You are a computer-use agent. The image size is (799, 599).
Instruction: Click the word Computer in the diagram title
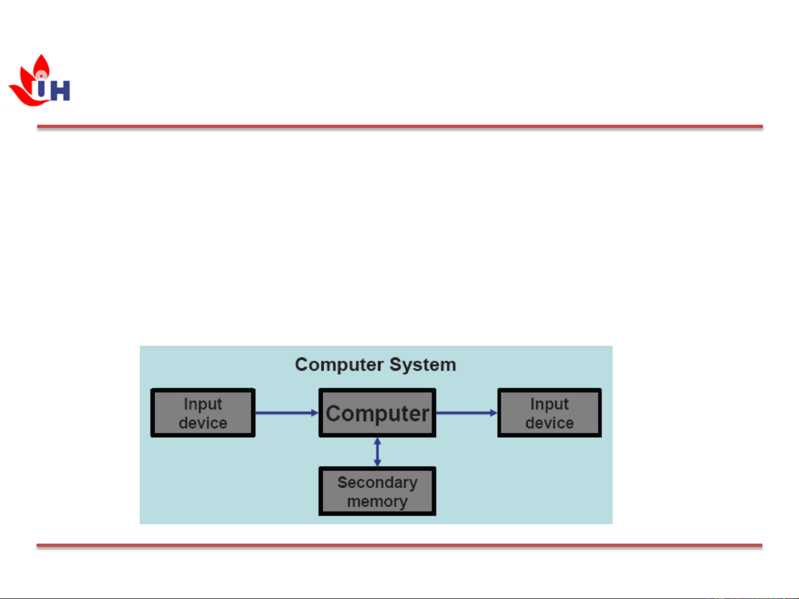point(339,365)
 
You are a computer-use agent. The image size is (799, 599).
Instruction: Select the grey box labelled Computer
point(377,413)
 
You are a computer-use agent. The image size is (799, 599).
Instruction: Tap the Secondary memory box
point(377,492)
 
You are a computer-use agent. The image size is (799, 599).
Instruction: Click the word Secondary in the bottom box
point(377,483)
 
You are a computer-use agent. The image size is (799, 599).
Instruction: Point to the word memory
point(377,501)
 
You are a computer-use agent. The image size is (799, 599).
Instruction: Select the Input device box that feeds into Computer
point(203,413)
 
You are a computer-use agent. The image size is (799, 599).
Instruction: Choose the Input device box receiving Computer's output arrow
point(549,413)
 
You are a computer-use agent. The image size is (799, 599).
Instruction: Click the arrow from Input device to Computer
point(285,413)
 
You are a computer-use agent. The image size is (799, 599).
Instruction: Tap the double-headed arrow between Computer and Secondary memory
point(378,452)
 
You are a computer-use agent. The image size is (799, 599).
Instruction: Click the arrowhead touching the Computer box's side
point(315,413)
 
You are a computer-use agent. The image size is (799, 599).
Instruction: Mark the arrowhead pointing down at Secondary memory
point(378,463)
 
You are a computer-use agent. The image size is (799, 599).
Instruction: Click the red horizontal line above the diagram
point(399,127)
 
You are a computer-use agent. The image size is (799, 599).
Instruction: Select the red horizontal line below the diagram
point(399,546)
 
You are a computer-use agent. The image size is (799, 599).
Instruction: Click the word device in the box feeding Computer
point(203,423)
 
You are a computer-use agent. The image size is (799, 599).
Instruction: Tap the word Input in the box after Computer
point(549,404)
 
